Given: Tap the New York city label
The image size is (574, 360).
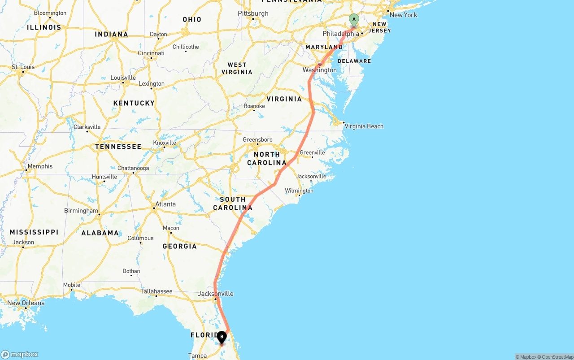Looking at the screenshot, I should coord(403,15).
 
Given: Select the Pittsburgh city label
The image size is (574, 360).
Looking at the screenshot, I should coord(253,13).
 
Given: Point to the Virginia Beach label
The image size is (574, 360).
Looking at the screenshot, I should coord(364,126).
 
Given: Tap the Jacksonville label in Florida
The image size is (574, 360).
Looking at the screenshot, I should coord(216,294).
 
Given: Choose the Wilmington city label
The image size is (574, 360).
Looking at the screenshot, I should coord(299,191).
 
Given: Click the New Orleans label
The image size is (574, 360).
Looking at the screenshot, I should coord(26,303).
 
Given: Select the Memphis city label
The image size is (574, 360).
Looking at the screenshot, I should coord(40,166).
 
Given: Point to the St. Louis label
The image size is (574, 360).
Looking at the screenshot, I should coord(23,67).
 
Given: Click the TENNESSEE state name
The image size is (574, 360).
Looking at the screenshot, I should coord(118,147).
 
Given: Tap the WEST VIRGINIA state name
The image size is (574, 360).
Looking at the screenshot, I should coord(237,69).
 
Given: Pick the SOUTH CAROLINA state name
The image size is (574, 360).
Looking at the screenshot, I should coord(233,204).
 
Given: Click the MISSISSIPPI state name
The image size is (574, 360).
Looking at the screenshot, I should coord(34,232).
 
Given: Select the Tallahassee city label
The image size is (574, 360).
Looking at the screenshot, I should coord(156,291).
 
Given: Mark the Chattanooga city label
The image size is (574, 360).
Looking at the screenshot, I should coord(133,169).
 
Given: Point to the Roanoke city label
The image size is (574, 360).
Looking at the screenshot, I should coord(254,106).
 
